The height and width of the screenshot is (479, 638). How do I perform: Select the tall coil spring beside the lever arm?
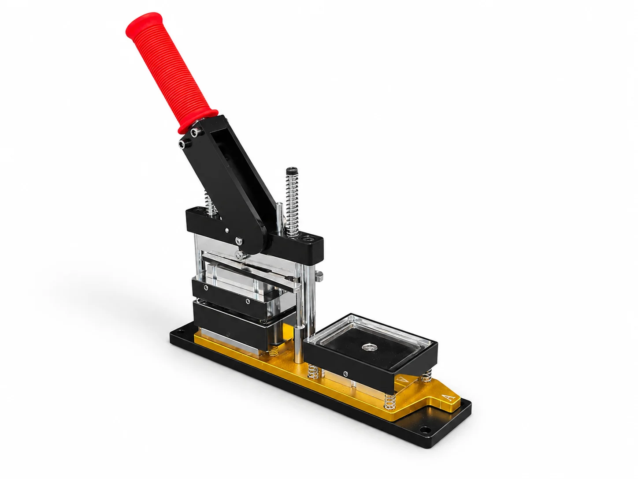(292, 204)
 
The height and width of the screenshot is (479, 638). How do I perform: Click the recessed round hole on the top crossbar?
(307, 239)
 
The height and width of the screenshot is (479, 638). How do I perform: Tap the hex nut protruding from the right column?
(319, 275)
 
